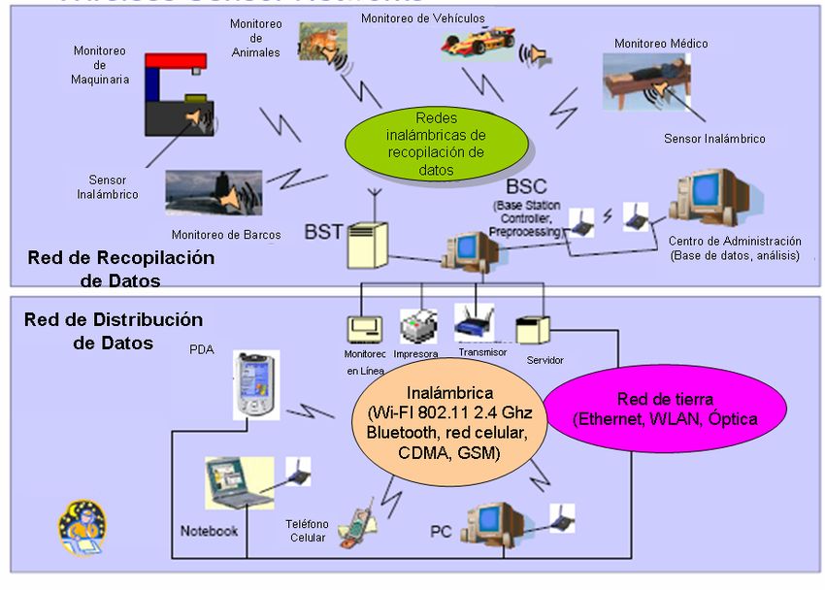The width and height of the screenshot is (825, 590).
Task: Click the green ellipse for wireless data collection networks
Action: [437, 143]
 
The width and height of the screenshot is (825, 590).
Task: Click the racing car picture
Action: [477, 44]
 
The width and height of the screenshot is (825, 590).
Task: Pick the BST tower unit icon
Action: [368, 245]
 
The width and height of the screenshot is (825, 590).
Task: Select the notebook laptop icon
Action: [238, 482]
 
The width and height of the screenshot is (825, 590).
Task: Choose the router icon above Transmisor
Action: [475, 324]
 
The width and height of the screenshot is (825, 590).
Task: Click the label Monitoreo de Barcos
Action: [226, 234]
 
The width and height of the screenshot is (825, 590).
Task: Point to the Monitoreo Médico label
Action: [661, 44]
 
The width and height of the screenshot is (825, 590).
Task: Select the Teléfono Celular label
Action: [307, 531]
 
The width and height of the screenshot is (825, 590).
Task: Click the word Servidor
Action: [544, 360]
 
